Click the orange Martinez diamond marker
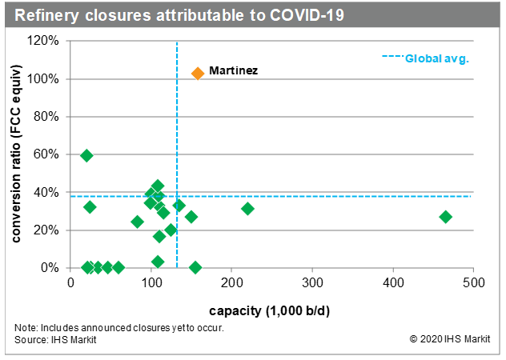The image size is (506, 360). point(199,73)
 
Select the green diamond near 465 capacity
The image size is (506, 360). point(446,217)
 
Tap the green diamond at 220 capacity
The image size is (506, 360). point(248,209)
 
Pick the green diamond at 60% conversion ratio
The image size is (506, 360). point(86,155)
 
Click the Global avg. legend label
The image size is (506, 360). point(437,58)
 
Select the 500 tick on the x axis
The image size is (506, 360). point(472,284)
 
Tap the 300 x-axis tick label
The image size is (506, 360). point(312,284)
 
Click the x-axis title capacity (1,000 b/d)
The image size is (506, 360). point(272,309)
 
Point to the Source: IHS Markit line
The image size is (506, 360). point(53,339)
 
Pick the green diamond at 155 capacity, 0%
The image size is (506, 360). point(195,267)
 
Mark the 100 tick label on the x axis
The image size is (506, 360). point(151,284)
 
